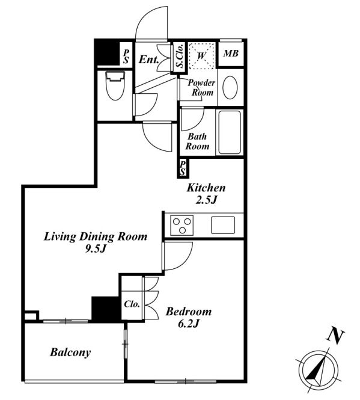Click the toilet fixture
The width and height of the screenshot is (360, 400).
[x=115, y=85]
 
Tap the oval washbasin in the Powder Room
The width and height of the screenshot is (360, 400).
[x=230, y=87]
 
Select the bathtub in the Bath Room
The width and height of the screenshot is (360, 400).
[x=230, y=132]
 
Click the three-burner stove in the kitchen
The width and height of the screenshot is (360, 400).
[x=182, y=225]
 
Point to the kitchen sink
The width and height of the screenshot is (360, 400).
[x=223, y=225]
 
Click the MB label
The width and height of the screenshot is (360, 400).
[x=231, y=54]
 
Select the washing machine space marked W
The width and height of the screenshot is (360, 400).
[x=202, y=55]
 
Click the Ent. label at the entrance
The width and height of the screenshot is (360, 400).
[x=149, y=60]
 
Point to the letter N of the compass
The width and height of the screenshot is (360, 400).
[x=335, y=336]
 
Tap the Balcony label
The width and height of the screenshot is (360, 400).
[x=70, y=352]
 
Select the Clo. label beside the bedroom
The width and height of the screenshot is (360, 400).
[x=132, y=304]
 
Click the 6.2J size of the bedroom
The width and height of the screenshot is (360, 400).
[x=188, y=324]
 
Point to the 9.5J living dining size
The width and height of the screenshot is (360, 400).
[x=96, y=249]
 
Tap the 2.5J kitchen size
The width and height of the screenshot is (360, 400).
[x=206, y=200]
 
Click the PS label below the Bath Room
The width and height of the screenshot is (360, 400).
[x=183, y=168]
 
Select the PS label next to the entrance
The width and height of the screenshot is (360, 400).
[x=126, y=57]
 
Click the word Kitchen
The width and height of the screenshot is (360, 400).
[x=206, y=188]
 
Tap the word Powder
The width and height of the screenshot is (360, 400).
[x=201, y=82]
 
